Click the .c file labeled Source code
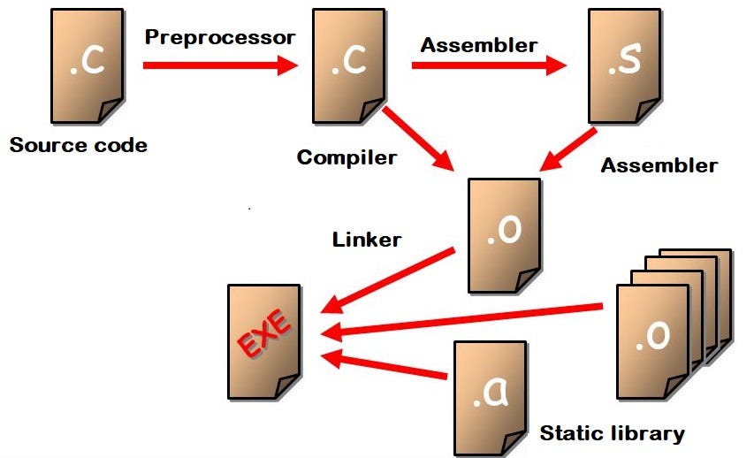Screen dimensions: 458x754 coord(88,65)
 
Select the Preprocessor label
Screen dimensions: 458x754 coord(219,37)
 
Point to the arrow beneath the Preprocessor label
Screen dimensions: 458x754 coord(220,65)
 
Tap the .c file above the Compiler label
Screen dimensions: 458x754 coord(348,65)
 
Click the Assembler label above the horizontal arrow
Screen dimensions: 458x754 coord(479,45)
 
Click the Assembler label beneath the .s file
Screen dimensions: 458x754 coord(659,165)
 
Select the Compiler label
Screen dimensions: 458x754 coord(347,158)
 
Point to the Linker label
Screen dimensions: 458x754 coord(367,239)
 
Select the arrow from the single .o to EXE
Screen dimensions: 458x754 coord(388,279)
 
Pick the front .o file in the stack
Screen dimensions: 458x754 coord(651,341)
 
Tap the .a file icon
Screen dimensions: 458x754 coord(489,396)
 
